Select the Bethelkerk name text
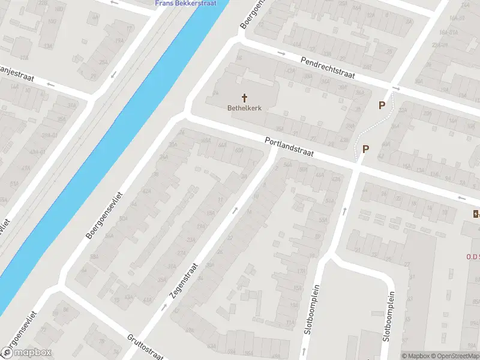(x=244, y=108)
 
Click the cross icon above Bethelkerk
(x=244, y=97)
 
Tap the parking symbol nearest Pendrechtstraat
(x=381, y=106)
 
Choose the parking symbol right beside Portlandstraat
(x=365, y=149)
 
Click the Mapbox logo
(x=26, y=353)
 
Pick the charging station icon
(x=476, y=214)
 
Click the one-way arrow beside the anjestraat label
(x=50, y=85)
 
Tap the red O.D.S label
(x=473, y=257)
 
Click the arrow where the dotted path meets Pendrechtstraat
(x=395, y=89)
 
